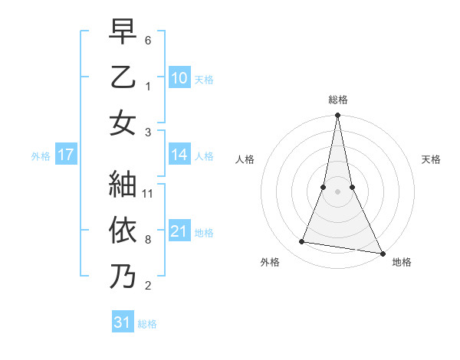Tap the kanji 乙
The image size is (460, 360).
click(x=123, y=77)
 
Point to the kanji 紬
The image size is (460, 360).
click(x=123, y=185)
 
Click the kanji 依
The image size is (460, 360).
click(x=123, y=230)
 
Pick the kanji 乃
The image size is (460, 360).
click(x=123, y=277)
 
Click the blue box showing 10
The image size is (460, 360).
click(x=179, y=78)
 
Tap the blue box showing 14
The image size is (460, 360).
click(x=179, y=155)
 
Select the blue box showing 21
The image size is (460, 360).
click(x=179, y=231)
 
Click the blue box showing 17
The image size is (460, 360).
click(x=66, y=155)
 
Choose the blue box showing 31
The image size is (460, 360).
click(x=123, y=322)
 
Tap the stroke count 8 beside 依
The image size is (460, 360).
click(x=148, y=240)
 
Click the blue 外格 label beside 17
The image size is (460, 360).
click(x=41, y=156)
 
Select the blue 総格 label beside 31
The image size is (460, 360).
click(x=147, y=324)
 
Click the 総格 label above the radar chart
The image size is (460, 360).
click(x=338, y=100)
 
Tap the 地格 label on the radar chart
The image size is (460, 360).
click(x=402, y=262)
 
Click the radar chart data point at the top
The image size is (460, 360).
click(x=337, y=116)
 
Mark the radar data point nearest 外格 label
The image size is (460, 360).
click(x=302, y=242)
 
